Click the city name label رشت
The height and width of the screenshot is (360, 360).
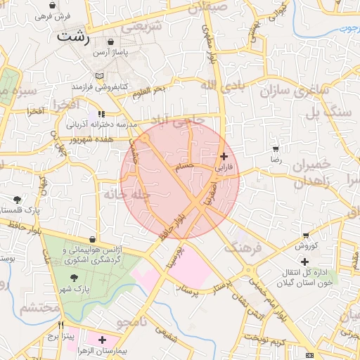(73, 37)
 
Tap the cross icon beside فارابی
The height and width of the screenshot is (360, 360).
(224, 156)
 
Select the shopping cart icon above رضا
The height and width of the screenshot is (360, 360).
(275, 149)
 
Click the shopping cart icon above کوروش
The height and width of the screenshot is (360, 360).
(306, 235)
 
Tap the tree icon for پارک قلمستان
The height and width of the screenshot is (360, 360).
(17, 200)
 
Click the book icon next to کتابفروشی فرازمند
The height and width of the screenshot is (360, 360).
(99, 75)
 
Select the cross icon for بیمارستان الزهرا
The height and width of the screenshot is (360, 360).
(103, 340)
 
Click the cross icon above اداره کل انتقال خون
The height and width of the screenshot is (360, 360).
(304, 262)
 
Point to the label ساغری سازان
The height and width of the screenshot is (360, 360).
(288, 90)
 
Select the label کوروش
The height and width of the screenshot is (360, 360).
(307, 245)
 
